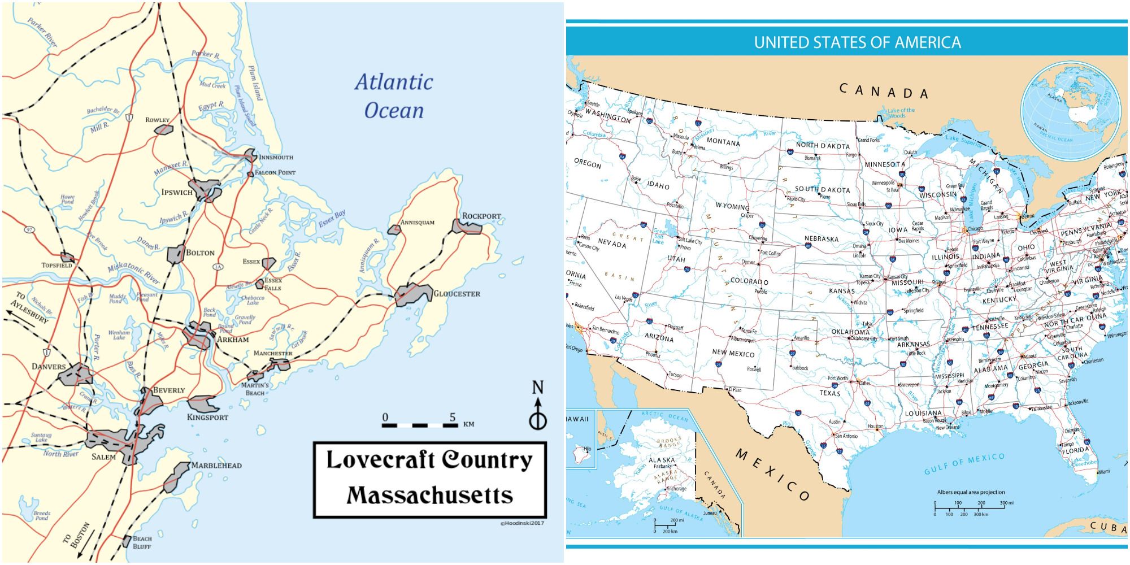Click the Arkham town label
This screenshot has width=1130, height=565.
point(233,340)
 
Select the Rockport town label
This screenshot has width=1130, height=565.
point(481,216)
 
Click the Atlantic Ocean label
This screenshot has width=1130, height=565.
point(394,96)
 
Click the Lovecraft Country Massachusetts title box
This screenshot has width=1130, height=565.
point(429,480)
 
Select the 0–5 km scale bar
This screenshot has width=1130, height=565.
point(419,424)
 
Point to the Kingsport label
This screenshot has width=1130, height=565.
point(208,417)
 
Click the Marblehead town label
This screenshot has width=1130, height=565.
point(216,466)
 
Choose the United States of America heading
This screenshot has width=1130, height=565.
point(857,42)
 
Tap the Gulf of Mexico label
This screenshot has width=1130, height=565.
point(964,463)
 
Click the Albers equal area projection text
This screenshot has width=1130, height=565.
point(971,492)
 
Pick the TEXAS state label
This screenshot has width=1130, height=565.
point(830,393)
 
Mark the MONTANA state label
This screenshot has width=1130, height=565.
point(723,142)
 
